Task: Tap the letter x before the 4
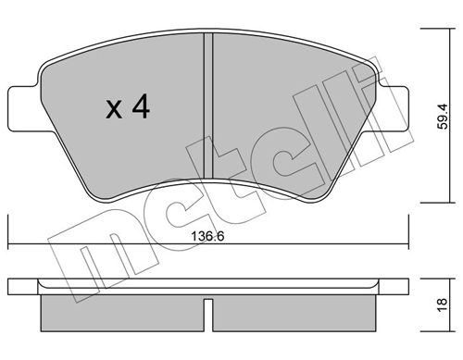click(x=113, y=111)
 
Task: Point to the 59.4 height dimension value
click(x=444, y=118)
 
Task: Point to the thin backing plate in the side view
click(x=208, y=288)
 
